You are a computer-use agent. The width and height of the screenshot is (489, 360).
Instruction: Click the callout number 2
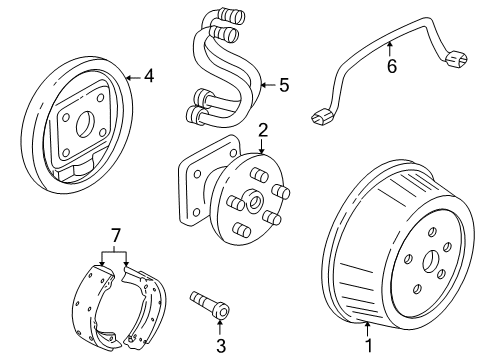[x=263, y=130]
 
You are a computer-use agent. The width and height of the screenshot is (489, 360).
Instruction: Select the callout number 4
[x=150, y=74]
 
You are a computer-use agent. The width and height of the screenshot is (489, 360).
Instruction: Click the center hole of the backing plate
[x=81, y=126]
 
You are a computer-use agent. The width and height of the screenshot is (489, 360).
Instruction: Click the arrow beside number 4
[x=134, y=74]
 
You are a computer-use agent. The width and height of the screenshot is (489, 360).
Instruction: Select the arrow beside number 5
[x=267, y=85]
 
